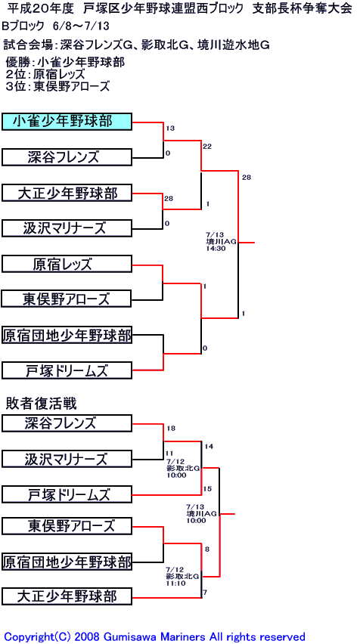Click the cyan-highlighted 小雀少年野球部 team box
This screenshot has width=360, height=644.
pos(67,122)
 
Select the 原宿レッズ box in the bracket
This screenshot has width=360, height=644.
pos(67,264)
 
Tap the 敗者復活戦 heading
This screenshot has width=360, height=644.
pos(41,404)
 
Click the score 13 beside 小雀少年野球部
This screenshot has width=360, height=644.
pos(170,128)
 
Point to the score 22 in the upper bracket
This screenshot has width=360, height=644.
pos(206,146)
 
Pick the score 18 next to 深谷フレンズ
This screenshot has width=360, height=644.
pos(171,429)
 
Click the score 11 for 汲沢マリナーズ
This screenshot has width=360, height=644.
pos(169,454)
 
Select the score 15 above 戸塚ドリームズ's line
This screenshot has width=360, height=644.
pos(207,489)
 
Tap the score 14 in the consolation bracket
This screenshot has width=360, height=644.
pos(209,446)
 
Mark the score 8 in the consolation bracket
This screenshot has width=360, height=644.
pos(206,549)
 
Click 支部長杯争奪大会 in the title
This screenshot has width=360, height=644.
pos(302,9)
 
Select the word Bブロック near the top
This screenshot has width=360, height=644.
pos(23,26)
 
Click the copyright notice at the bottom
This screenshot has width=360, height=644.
pos(154,636)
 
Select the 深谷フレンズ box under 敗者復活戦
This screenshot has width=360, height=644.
pos(67,423)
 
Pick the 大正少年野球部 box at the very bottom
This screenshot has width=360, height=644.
pos(67,596)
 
